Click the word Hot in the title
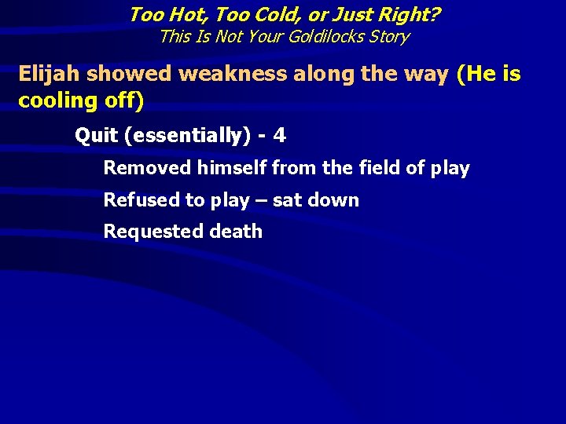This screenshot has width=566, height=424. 178,14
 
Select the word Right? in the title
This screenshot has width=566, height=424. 410,14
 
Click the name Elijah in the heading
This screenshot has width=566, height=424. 50,74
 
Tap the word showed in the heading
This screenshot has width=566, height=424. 131,74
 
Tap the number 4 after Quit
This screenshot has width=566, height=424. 280,136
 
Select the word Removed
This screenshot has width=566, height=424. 147,168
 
